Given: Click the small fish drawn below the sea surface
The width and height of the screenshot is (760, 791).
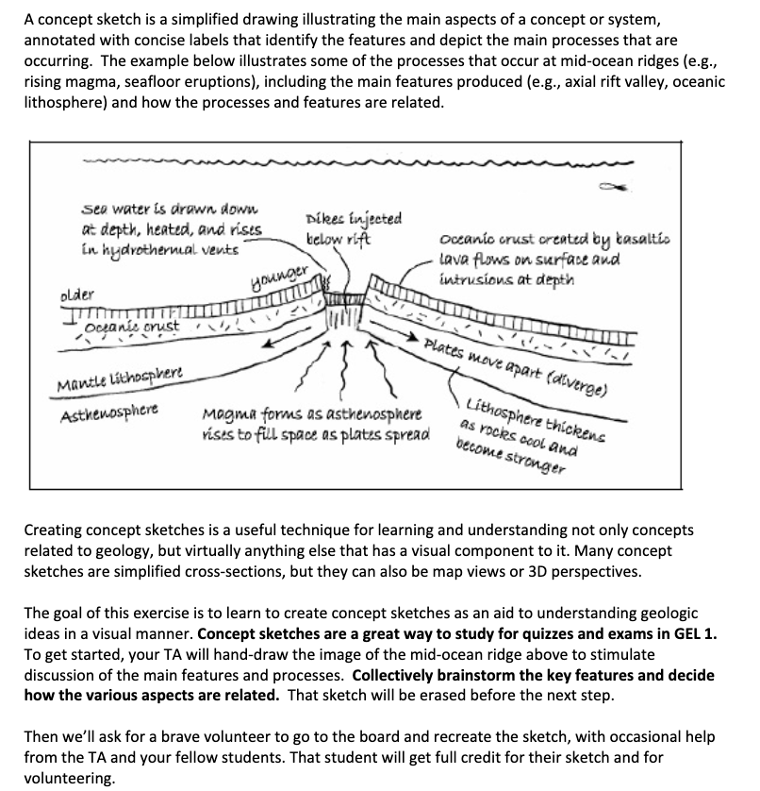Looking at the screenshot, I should click(623, 186).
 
